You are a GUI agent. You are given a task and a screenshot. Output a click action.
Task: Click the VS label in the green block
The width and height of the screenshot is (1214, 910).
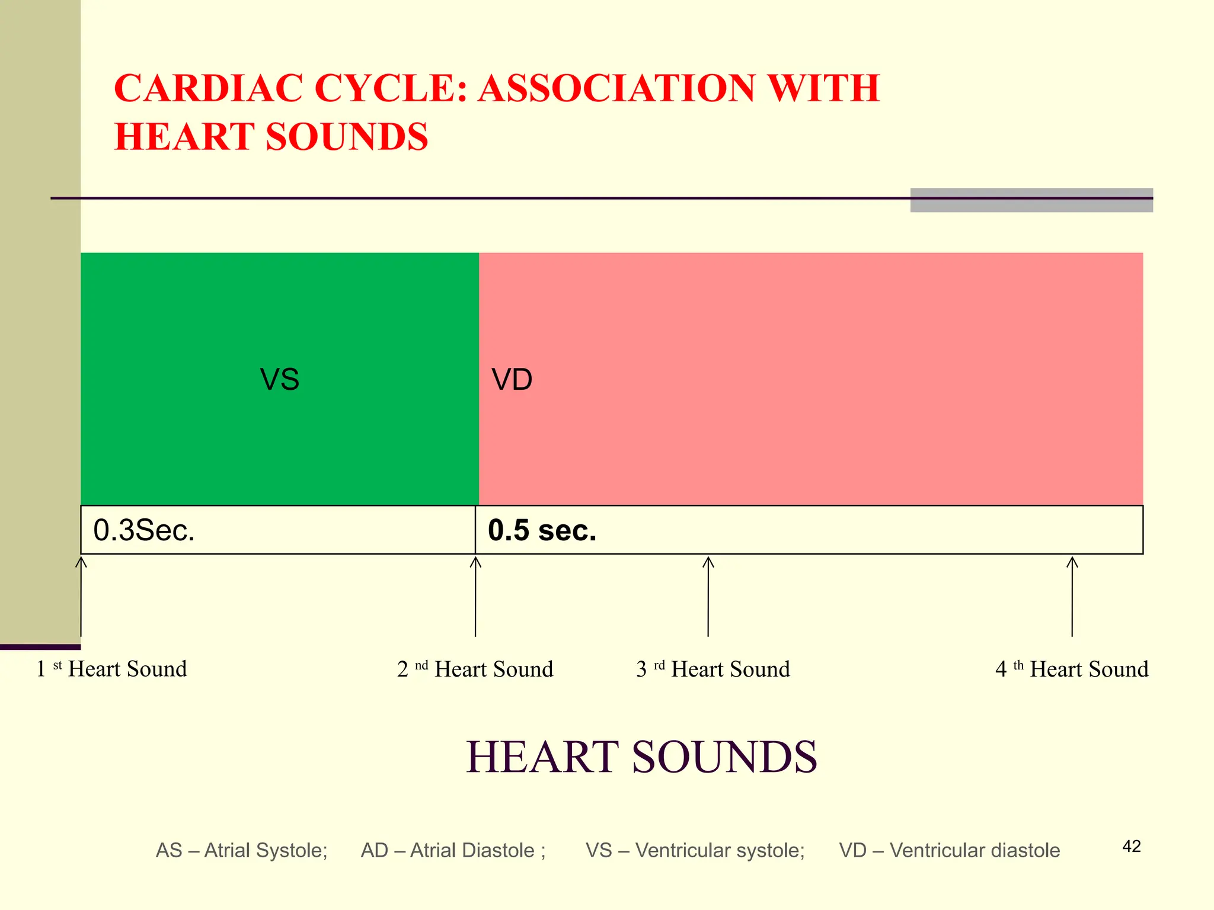click(280, 379)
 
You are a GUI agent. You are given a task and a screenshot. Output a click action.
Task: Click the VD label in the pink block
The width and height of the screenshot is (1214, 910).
click(512, 379)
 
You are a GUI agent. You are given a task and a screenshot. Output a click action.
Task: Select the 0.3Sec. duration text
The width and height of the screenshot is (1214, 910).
click(144, 530)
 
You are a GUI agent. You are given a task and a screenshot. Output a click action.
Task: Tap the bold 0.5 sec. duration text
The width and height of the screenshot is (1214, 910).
click(542, 530)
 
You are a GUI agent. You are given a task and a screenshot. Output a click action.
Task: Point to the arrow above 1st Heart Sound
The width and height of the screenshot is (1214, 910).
click(81, 596)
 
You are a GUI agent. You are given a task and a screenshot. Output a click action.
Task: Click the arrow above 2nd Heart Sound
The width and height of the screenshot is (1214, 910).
click(475, 596)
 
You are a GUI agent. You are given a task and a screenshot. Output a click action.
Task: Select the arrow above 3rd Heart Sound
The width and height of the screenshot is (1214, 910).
click(708, 596)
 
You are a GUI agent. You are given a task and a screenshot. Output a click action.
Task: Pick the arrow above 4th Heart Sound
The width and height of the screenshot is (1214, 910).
click(1072, 596)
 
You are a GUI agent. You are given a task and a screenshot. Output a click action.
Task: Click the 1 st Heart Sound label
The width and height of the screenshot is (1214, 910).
click(111, 669)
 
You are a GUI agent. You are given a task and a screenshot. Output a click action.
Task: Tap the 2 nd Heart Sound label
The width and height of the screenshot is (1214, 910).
click(475, 669)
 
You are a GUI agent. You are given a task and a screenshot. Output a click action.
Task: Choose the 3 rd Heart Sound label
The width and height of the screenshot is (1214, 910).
click(713, 669)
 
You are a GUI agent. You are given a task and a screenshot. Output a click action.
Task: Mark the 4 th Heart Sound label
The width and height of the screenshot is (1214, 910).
click(1072, 669)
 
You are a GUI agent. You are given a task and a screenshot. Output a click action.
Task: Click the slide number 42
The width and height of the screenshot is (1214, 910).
click(1132, 847)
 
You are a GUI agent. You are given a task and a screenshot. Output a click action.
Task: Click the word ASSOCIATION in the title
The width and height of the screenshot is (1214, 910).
click(616, 89)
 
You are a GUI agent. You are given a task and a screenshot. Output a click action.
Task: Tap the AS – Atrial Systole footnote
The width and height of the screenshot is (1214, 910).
click(241, 851)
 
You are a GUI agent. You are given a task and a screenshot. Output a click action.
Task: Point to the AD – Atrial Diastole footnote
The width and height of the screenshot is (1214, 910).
click(453, 851)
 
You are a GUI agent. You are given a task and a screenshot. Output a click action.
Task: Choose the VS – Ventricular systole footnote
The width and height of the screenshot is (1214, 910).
click(695, 851)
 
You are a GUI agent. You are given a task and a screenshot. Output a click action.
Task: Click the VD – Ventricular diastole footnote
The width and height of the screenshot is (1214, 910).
click(950, 851)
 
